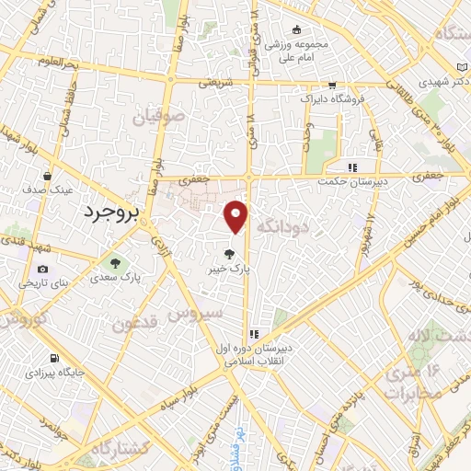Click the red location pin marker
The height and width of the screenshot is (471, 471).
236,216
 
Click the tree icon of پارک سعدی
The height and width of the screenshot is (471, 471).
114,261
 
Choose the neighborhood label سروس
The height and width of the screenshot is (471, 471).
198,314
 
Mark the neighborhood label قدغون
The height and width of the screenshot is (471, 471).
139,324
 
